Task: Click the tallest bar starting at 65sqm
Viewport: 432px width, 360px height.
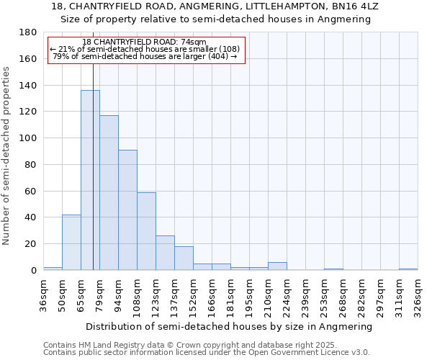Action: coord(90,180)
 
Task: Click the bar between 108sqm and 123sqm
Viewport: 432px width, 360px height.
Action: coord(146,231)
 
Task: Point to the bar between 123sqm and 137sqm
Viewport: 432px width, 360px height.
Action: coord(165,253)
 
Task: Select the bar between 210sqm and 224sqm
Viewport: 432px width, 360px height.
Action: coord(277,266)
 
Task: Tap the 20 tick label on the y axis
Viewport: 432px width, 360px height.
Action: coord(31,244)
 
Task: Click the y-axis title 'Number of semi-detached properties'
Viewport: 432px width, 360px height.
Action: coord(7,156)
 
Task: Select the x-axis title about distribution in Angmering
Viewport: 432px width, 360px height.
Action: coord(230,326)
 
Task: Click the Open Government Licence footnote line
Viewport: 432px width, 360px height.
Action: coord(207,352)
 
